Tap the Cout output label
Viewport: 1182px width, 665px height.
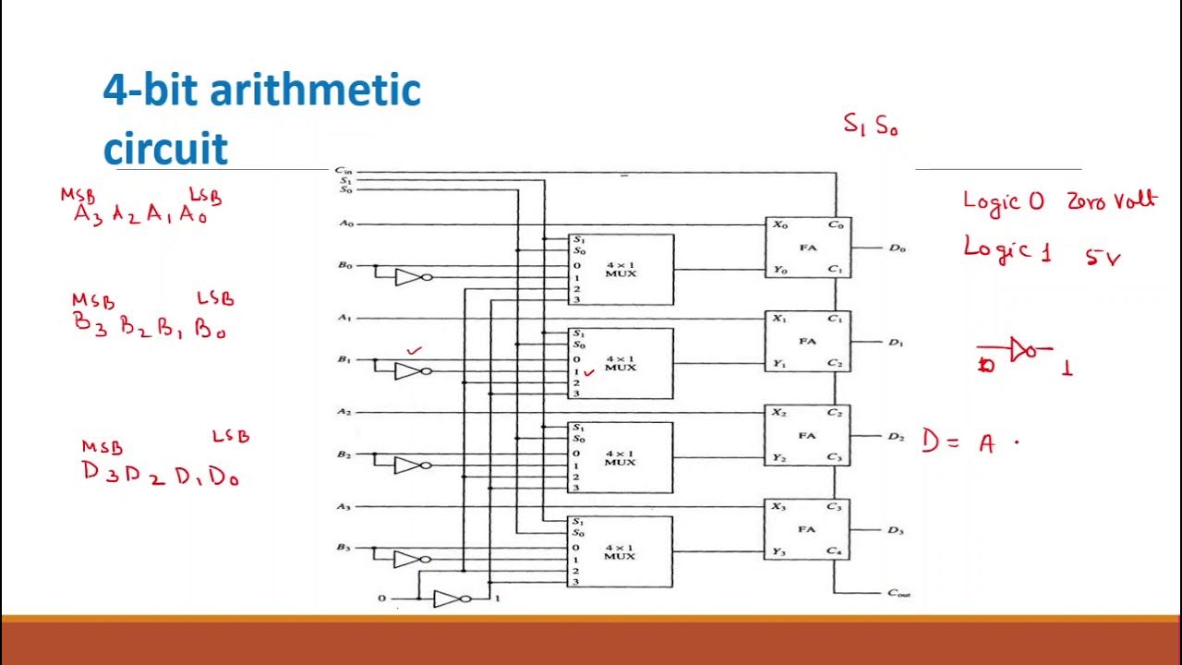(x=899, y=594)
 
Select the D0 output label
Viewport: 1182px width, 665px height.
(x=897, y=248)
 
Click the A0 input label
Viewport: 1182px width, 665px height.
(x=345, y=224)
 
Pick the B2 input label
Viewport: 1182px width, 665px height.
(x=344, y=455)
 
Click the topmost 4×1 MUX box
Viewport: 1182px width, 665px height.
(x=621, y=270)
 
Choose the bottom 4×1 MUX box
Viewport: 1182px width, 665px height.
(x=621, y=551)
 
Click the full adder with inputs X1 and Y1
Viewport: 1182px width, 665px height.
(x=807, y=341)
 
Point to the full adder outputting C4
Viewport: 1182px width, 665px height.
(x=807, y=529)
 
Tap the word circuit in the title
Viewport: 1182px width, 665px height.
(x=165, y=148)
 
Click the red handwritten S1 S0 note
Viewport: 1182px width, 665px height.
(x=870, y=126)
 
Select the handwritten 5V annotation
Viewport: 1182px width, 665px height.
(x=1103, y=258)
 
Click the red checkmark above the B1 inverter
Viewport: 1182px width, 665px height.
(x=415, y=351)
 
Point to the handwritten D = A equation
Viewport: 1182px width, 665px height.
(x=960, y=443)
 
